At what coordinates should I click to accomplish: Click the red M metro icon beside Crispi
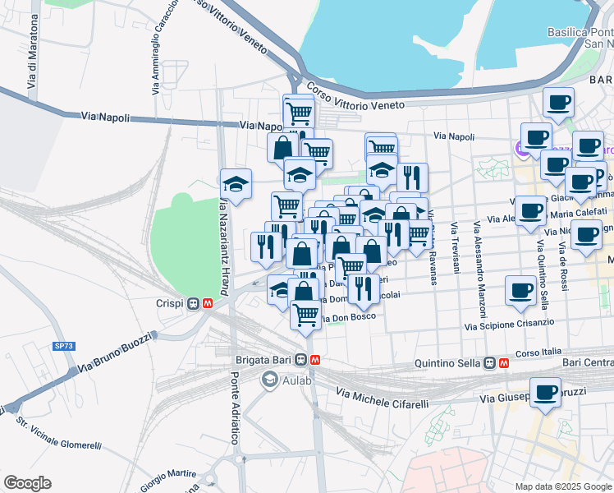point(208,303)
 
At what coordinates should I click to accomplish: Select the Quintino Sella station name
point(449,362)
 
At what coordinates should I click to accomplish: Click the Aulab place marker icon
point(269,379)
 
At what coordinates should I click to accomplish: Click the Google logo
point(27,483)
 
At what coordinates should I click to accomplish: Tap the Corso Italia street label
point(538,352)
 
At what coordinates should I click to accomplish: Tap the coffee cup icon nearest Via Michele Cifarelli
point(545,393)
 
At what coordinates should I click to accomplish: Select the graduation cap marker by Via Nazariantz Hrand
point(236,186)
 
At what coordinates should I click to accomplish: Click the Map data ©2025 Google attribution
point(563,486)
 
